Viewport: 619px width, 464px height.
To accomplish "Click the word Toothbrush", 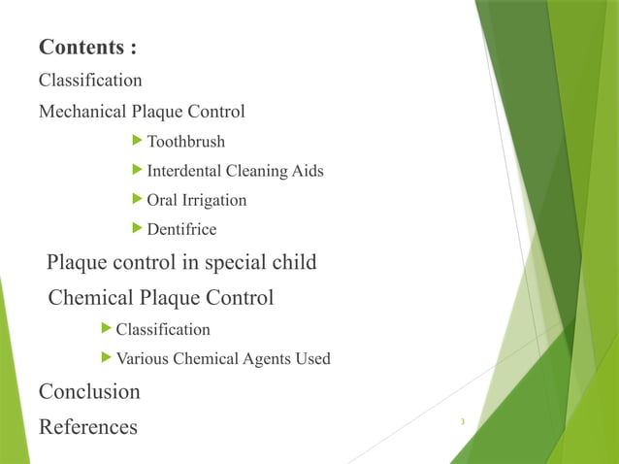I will coord(186,142).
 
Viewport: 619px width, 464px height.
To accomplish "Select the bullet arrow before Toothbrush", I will coord(138,141).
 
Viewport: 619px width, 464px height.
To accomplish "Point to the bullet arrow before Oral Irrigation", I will coord(138,199).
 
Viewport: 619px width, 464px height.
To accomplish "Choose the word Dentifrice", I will coord(181,229).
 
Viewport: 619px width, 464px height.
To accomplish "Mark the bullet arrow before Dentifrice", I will coord(138,228).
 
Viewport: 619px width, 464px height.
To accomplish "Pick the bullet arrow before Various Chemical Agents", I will coord(107,358).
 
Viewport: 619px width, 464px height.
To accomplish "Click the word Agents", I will coord(260,359).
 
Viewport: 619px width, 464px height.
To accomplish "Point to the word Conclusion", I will coord(89,392).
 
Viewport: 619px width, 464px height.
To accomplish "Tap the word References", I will coord(88,426).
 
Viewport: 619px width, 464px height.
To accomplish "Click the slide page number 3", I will coord(463,421).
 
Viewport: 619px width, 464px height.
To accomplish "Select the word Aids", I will coord(308,171).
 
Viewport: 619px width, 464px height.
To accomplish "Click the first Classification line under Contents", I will coord(90,80).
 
